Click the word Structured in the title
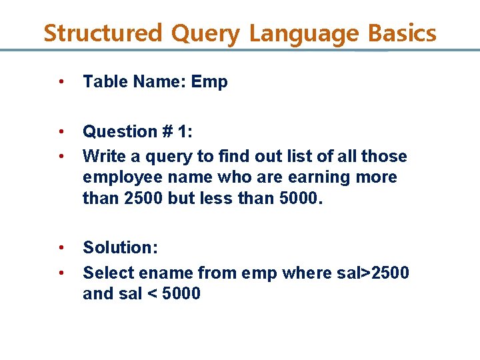tap(103, 33)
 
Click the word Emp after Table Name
tap(209, 83)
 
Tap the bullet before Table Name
tap(61, 83)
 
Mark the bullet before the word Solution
tap(61, 248)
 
